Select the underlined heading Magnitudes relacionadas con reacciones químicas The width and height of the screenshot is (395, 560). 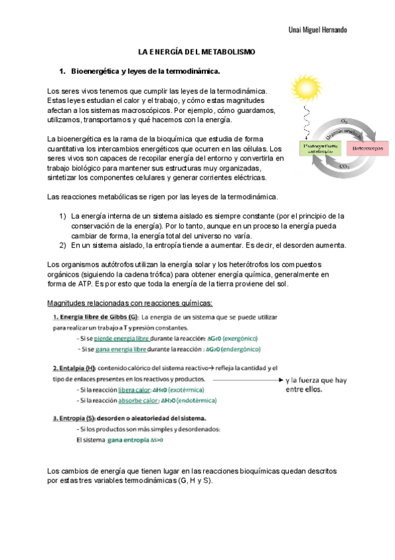click(130, 302)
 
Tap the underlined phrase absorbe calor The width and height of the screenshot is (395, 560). click(140, 400)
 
